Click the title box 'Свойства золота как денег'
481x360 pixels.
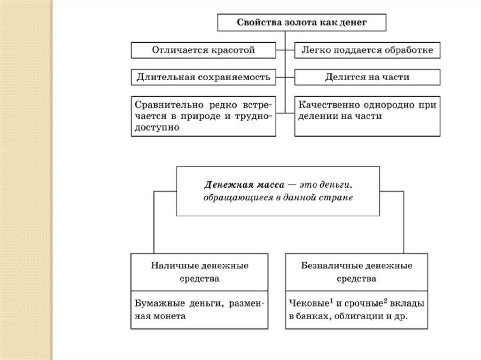click(x=301, y=23)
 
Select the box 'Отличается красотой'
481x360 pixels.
click(x=203, y=50)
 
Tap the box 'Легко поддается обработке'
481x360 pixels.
click(x=367, y=50)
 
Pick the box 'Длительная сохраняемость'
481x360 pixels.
click(x=203, y=77)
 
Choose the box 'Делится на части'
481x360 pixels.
click(x=367, y=77)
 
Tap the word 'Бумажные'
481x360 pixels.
click(x=157, y=304)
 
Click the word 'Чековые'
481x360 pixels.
click(x=307, y=304)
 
